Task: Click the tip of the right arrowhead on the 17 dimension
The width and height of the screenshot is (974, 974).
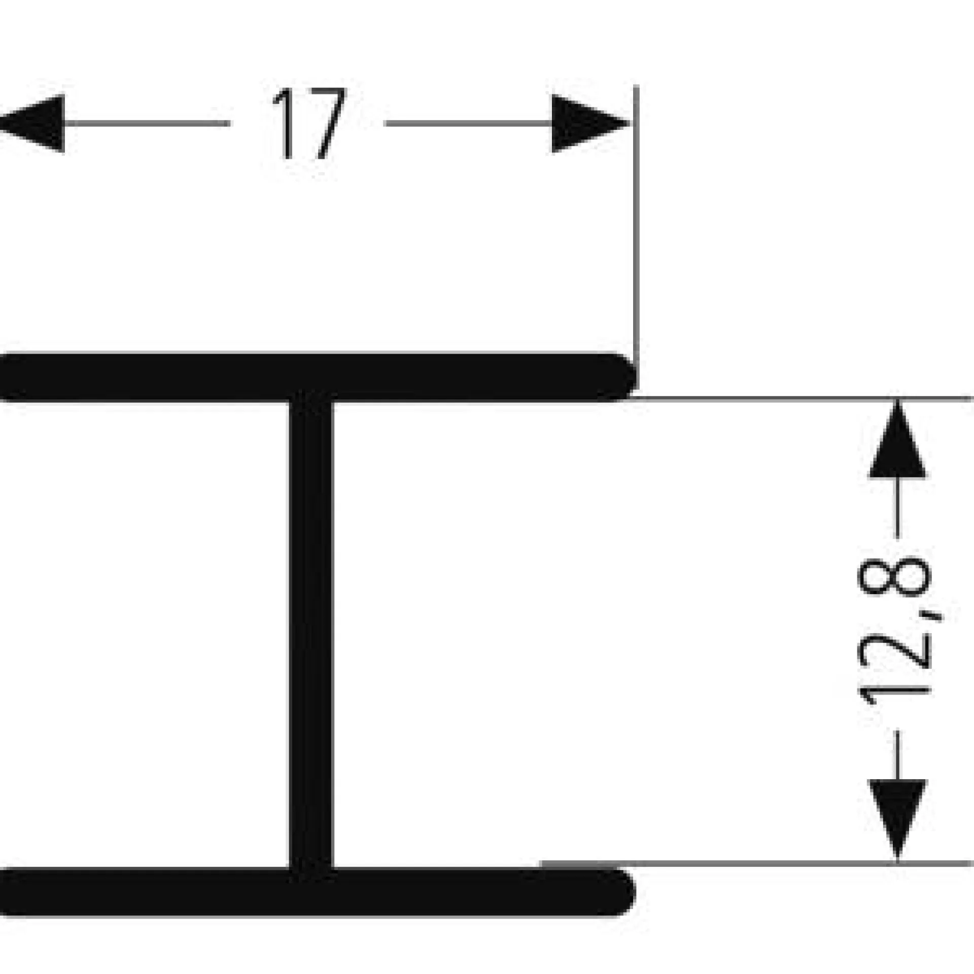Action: tap(629, 123)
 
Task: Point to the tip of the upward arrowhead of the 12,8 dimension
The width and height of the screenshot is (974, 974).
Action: tap(897, 401)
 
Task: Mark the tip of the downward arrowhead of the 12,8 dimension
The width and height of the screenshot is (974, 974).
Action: tap(897, 861)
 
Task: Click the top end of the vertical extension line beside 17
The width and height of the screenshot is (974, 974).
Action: tap(636, 86)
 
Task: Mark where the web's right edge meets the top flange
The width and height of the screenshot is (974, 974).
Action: tap(333, 401)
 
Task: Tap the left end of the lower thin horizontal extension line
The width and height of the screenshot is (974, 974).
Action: tap(542, 862)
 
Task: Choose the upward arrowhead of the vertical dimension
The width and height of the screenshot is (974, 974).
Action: tap(897, 439)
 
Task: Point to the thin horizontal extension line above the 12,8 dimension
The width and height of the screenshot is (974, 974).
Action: tap(802, 399)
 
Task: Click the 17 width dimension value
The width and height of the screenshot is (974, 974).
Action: tap(310, 124)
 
